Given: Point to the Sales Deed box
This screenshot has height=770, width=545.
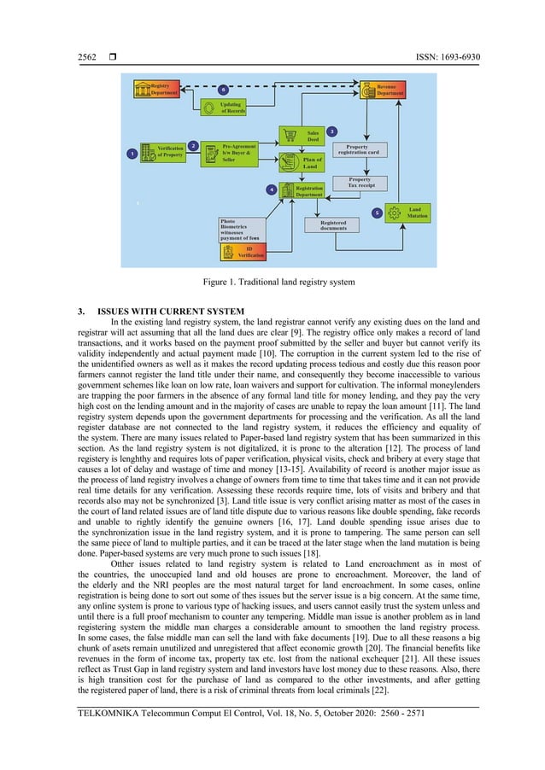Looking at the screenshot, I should click(301, 136).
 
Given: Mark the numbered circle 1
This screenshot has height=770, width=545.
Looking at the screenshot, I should click(132, 154).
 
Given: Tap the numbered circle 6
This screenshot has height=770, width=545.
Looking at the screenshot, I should click(223, 89).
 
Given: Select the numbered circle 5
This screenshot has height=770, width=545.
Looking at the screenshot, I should click(376, 211).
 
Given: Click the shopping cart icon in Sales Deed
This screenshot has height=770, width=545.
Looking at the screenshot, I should click(289, 136).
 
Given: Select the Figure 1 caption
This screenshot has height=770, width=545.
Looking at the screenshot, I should click(272, 281).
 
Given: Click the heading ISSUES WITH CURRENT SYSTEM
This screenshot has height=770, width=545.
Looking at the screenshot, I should click(171, 310).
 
